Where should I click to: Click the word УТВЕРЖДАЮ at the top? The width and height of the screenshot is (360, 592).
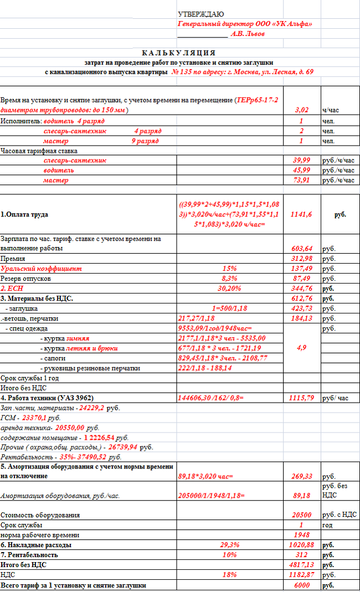200,14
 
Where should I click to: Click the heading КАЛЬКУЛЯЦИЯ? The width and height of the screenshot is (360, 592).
178,53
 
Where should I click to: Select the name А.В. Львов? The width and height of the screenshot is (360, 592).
247,34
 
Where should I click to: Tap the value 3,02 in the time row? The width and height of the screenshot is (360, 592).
301,110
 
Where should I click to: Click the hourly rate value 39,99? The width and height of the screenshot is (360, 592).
301,161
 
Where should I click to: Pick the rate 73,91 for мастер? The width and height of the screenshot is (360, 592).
301,181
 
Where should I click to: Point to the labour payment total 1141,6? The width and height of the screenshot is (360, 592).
301,214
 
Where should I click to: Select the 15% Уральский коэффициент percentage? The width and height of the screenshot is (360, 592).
229,269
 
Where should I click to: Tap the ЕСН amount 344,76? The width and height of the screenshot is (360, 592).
301,289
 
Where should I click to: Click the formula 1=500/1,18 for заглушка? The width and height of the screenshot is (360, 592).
229,308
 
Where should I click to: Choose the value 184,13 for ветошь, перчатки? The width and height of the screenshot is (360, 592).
301,318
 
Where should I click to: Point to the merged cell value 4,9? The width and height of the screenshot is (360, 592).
301,348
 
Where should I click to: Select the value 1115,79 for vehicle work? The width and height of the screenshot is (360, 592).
301,398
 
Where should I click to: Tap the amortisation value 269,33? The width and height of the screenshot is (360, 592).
301,476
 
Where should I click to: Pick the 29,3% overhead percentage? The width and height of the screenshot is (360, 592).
229,545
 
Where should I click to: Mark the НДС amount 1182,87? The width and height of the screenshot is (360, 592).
301,575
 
